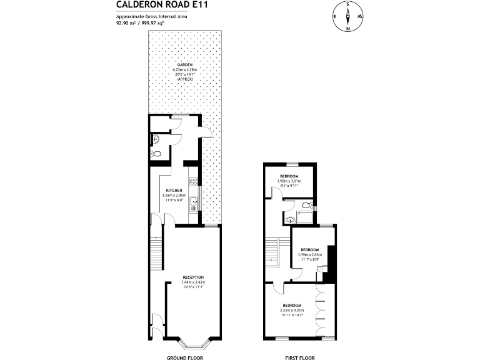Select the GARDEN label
184,64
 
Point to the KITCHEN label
173,190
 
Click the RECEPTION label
193,277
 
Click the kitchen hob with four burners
194,182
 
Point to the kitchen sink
194,201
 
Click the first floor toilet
306,205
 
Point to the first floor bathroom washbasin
290,219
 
